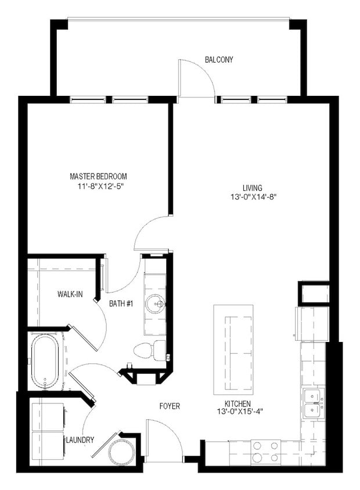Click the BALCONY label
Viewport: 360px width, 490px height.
pyautogui.click(x=219, y=60)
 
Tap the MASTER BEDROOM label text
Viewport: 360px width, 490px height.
pyautogui.click(x=98, y=176)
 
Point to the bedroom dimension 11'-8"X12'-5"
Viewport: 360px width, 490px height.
pyautogui.click(x=98, y=186)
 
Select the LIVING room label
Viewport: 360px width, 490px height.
pyautogui.click(x=253, y=188)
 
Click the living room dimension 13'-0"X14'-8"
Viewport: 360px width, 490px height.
pyautogui.click(x=253, y=197)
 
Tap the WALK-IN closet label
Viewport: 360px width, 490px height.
pyautogui.click(x=70, y=294)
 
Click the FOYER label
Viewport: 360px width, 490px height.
pyautogui.click(x=170, y=406)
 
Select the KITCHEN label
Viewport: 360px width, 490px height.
pyautogui.click(x=238, y=403)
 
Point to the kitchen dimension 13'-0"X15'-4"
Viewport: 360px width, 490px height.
pyautogui.click(x=238, y=412)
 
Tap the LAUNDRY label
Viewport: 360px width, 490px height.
pyautogui.click(x=80, y=440)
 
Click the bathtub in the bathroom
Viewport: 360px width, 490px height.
pyautogui.click(x=46, y=360)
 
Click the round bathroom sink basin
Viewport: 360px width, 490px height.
pyautogui.click(x=155, y=304)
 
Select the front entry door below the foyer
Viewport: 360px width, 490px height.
pyautogui.click(x=165, y=439)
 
